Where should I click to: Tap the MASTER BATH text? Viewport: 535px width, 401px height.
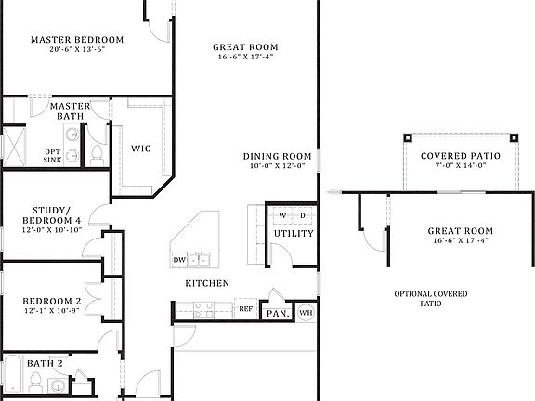70,111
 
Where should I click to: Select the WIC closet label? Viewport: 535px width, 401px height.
140,148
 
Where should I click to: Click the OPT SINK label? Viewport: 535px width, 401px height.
53,156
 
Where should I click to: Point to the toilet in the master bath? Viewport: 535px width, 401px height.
97,153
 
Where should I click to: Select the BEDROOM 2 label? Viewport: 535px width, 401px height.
52,302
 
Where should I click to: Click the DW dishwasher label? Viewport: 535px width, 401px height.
178,260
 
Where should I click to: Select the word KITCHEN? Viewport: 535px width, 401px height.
208,283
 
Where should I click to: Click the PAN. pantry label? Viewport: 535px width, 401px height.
278,313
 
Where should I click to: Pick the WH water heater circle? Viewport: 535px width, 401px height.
306,312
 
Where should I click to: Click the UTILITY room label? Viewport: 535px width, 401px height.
293,234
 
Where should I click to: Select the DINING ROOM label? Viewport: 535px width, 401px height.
277,156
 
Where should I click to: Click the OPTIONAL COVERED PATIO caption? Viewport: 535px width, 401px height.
431,298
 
